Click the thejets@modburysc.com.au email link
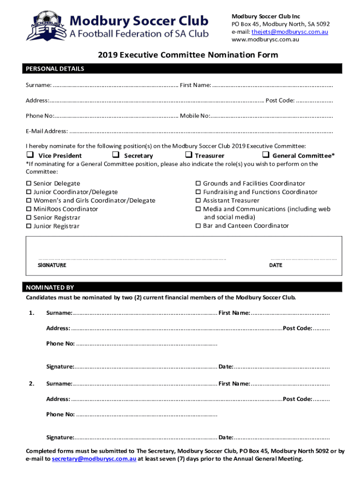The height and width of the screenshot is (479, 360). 289,32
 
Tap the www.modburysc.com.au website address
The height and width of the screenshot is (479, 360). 265,39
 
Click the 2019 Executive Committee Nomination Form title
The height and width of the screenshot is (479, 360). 188,55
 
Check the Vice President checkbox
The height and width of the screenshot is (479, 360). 29,155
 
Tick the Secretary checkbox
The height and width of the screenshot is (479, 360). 115,155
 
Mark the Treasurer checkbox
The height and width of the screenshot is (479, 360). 188,155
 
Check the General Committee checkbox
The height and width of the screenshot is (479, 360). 266,155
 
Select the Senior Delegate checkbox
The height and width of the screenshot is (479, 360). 29,183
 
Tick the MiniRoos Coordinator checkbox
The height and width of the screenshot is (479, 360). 29,209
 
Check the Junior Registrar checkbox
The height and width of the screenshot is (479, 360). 29,226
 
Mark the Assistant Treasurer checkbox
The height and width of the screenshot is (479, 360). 198,201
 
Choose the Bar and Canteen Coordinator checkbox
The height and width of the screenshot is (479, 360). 198,226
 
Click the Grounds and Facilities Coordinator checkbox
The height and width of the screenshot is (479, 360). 198,183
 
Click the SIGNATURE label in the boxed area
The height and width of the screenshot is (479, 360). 52,265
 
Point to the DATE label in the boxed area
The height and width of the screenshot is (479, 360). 276,265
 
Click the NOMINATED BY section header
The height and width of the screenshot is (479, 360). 50,287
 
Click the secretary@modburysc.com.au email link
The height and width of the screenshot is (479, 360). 94,459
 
